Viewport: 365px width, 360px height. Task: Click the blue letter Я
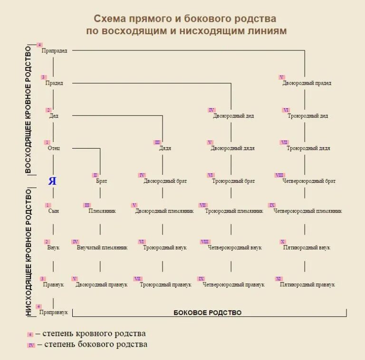pyautogui.click(x=53, y=181)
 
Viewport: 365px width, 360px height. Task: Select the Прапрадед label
pyautogui.click(x=54, y=50)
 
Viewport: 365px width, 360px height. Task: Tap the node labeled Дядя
pyautogui.click(x=165, y=148)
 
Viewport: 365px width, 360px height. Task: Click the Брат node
pyautogui.click(x=101, y=181)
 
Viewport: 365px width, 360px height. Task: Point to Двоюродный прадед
pyautogui.click(x=307, y=83)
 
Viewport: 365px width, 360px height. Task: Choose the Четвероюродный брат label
pyautogui.click(x=309, y=181)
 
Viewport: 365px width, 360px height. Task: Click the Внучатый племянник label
pyautogui.click(x=102, y=247)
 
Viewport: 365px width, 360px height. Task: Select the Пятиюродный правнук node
pyautogui.click(x=307, y=284)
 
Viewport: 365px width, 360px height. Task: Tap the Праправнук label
pyautogui.click(x=54, y=312)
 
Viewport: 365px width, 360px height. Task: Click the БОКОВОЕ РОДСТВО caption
pyautogui.click(x=207, y=313)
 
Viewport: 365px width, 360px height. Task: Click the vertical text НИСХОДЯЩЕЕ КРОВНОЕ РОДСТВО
pyautogui.click(x=28, y=252)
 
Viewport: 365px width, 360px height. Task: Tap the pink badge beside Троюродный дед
pyautogui.click(x=286, y=110)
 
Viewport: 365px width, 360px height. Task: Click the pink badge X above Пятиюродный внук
pyautogui.click(x=283, y=242)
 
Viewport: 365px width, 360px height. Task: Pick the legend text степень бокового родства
pyautogui.click(x=96, y=344)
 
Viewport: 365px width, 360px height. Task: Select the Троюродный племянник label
pyautogui.click(x=234, y=211)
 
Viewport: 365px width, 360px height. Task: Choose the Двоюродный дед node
pyautogui.click(x=233, y=116)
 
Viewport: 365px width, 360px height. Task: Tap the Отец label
pyautogui.click(x=54, y=148)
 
